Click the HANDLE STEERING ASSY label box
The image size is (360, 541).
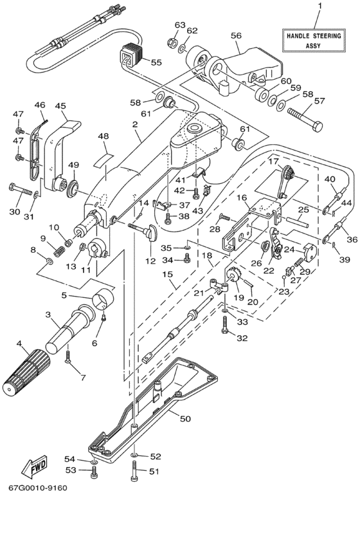pyautogui.click(x=313, y=41)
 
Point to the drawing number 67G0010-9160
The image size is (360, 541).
pyautogui.click(x=38, y=488)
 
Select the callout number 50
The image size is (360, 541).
pyautogui.click(x=185, y=419)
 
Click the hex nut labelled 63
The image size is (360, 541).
pyautogui.click(x=172, y=43)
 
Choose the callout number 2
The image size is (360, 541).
pyautogui.click(x=134, y=125)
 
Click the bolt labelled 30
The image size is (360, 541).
pyautogui.click(x=21, y=189)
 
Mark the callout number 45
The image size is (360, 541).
pyautogui.click(x=60, y=106)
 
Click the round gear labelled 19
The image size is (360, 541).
pyautogui.click(x=233, y=274)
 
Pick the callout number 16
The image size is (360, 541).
pyautogui.click(x=242, y=197)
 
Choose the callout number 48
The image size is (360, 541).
pyautogui.click(x=103, y=136)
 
